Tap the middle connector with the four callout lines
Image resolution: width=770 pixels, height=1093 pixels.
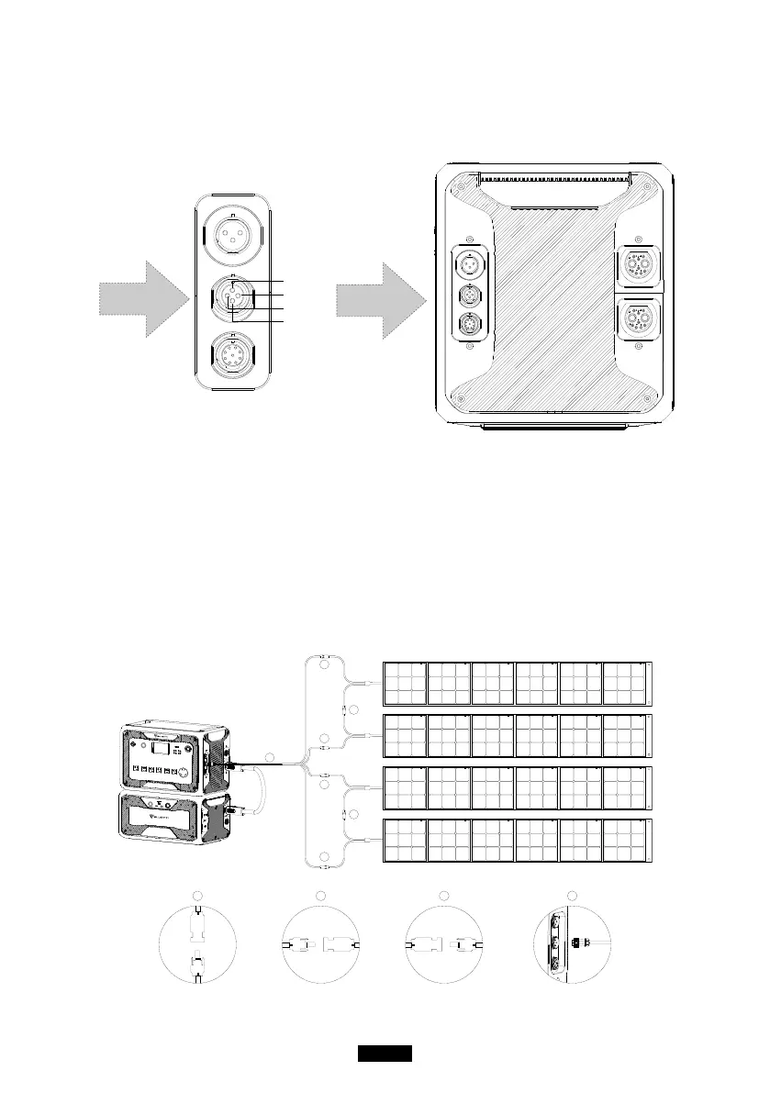tap(232, 296)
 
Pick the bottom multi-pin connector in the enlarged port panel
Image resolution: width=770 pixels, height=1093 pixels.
tap(232, 353)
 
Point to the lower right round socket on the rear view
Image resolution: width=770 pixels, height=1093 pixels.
tap(637, 321)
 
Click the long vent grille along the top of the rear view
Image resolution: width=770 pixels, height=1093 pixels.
tap(555, 173)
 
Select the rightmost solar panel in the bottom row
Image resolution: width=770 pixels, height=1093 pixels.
tap(625, 837)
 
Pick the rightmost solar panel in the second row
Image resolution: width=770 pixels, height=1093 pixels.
tap(625, 733)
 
